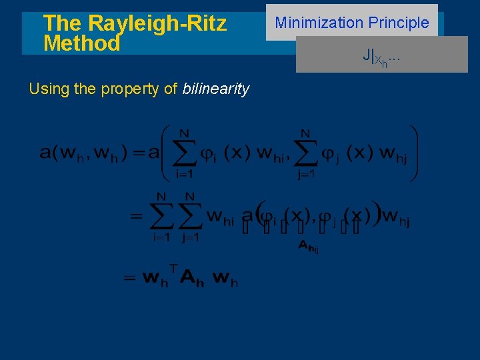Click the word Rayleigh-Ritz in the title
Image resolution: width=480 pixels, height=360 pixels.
(157, 23)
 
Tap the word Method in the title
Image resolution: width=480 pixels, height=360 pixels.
(81, 44)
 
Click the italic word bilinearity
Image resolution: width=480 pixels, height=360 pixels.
(215, 89)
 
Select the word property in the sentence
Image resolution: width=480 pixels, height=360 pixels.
(132, 89)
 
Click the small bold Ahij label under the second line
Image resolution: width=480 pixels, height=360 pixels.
(308, 246)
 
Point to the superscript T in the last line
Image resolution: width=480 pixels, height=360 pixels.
(173, 268)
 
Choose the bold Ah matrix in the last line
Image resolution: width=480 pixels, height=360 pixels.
(192, 278)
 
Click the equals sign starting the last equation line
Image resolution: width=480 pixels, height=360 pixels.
(131, 279)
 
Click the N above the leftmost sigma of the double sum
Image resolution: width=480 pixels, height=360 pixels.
(161, 196)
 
